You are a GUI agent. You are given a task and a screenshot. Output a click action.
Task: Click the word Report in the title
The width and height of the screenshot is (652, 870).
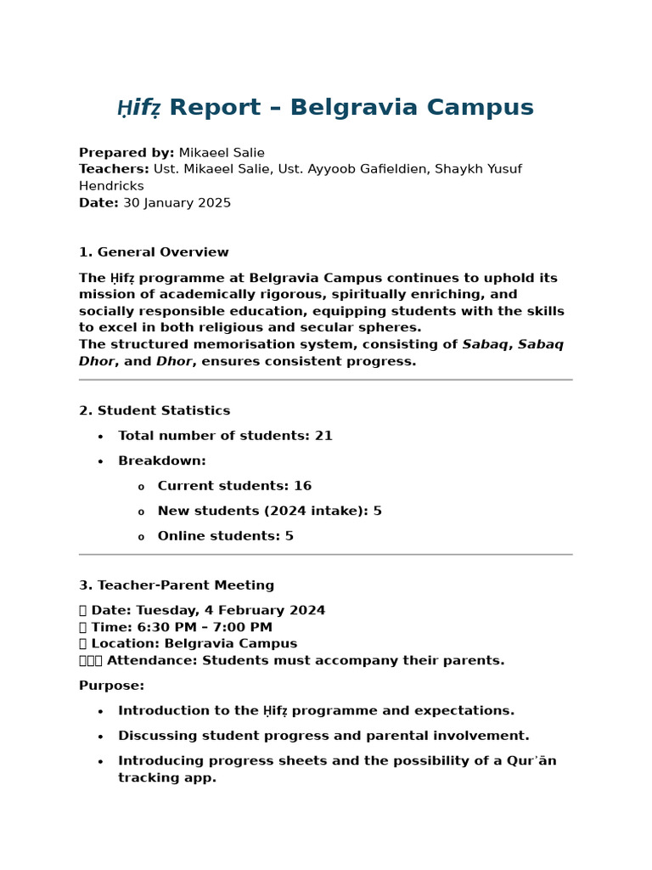[215, 108]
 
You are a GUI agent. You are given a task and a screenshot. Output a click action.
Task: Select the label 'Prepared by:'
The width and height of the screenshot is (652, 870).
[126, 153]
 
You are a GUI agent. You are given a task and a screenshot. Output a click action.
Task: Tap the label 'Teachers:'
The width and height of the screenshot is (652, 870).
[114, 169]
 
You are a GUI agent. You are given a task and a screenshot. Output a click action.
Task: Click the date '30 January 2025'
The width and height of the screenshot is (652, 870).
[177, 203]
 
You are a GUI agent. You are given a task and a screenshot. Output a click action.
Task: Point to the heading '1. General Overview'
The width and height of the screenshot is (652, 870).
[154, 252]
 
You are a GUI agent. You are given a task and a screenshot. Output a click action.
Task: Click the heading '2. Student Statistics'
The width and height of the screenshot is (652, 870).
[155, 411]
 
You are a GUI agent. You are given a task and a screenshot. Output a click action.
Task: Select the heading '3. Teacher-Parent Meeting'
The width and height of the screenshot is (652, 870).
[177, 585]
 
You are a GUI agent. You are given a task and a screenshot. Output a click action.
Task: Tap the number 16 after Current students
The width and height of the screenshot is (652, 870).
[302, 486]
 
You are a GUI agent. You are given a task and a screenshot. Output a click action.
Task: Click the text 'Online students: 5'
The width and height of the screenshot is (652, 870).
[225, 536]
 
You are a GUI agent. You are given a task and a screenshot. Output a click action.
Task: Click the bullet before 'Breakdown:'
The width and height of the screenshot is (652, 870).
[100, 461]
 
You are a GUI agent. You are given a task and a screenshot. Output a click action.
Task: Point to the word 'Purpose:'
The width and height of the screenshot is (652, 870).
[111, 686]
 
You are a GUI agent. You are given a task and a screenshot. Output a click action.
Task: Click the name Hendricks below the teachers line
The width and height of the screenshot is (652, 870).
[111, 186]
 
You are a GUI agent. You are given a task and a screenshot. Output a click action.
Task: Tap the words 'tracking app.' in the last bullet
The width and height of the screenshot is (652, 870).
[167, 778]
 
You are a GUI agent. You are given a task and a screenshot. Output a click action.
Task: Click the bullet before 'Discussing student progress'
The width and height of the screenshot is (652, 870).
[100, 737]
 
